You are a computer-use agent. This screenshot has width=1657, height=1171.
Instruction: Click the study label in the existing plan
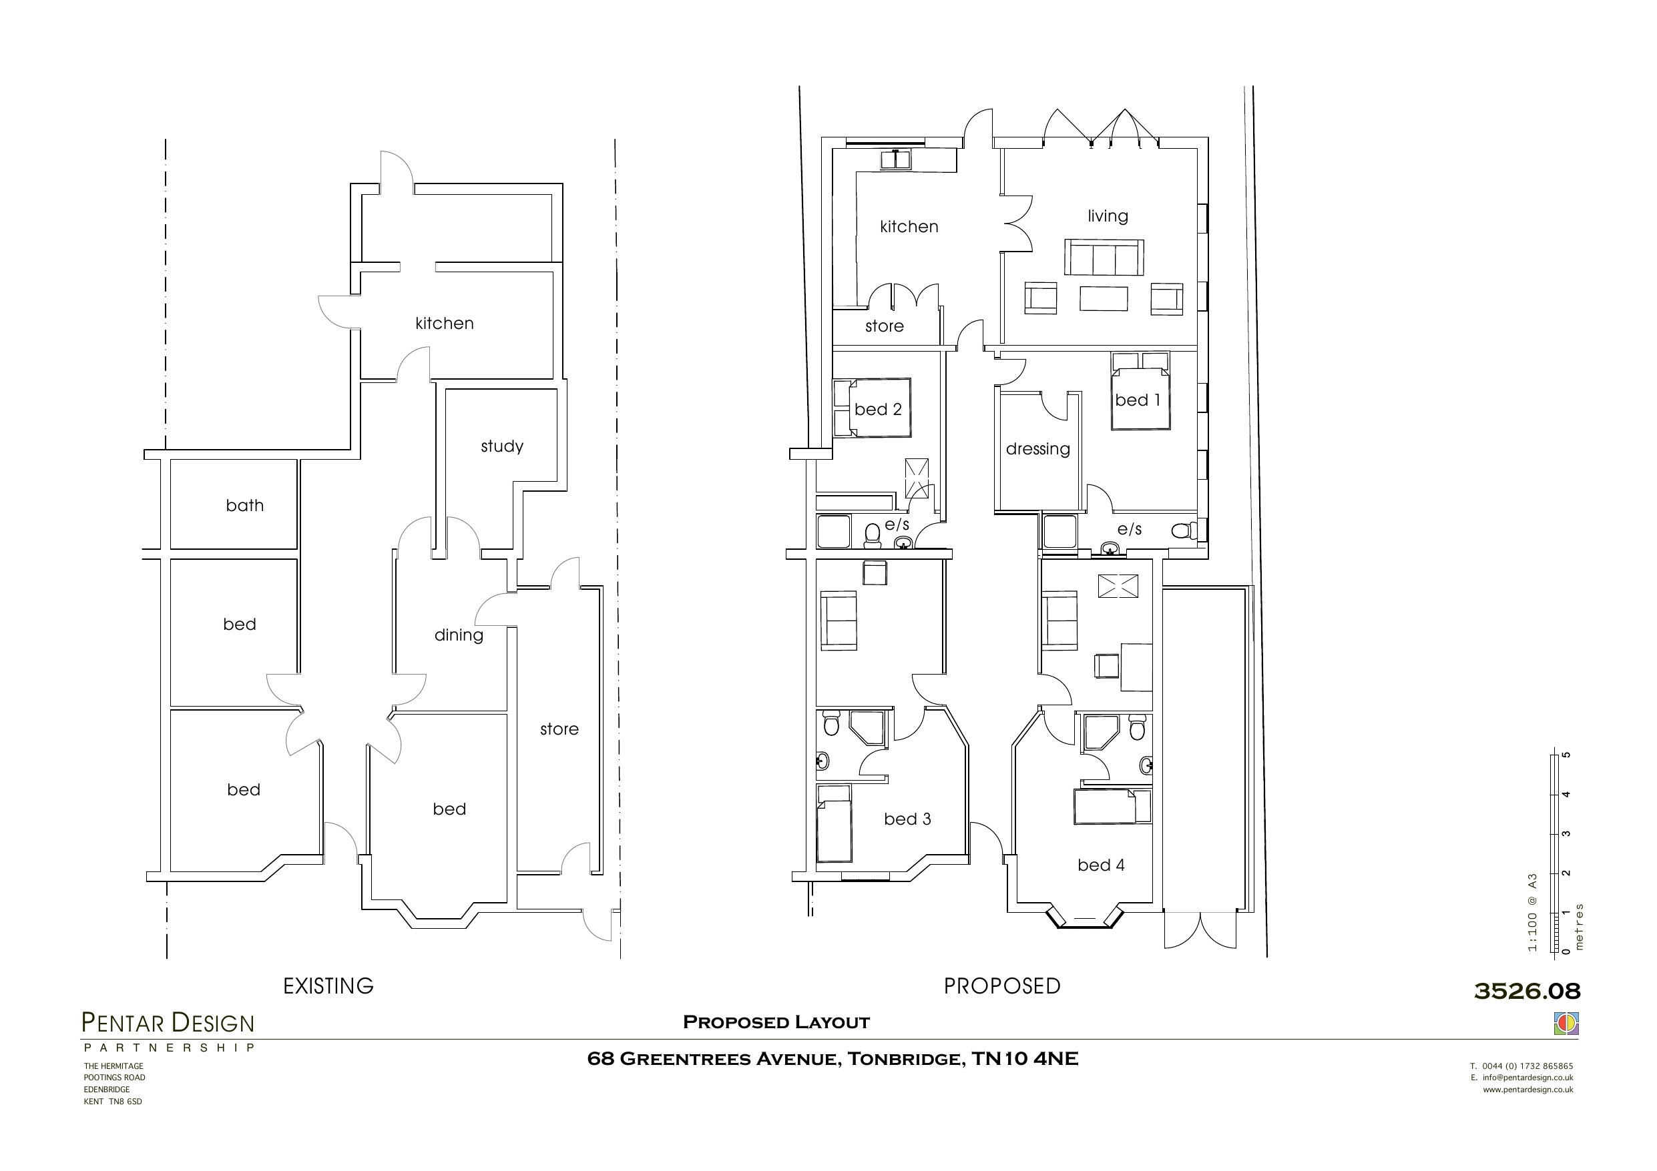[501, 446]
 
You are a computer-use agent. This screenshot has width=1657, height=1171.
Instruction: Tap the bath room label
[244, 505]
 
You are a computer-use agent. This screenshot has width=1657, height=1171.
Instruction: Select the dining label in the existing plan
[458, 635]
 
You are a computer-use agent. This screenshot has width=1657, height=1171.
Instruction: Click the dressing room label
[1037, 449]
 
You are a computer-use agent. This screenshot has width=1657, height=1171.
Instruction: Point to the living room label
[1107, 216]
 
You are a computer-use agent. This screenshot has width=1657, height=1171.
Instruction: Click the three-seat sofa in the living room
[1104, 258]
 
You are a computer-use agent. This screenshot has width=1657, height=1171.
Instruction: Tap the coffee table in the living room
[1103, 299]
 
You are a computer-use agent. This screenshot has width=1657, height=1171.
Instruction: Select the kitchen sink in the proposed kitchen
[895, 159]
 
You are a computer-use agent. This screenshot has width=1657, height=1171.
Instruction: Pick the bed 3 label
[907, 819]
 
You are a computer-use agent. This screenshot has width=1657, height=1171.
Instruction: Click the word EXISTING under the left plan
[328, 986]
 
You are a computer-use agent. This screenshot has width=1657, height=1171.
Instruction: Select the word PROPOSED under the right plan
[1001, 986]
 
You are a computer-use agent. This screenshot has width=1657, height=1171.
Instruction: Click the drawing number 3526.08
[1527, 991]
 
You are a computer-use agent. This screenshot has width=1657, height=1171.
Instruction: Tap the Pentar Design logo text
[168, 1023]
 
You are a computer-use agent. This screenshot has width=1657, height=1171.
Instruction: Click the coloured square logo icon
[1566, 1023]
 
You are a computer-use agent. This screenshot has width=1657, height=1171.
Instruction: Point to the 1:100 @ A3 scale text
[1531, 912]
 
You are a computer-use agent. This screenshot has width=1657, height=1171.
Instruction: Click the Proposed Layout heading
[776, 1022]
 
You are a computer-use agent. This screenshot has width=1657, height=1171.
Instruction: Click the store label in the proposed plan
[884, 326]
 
